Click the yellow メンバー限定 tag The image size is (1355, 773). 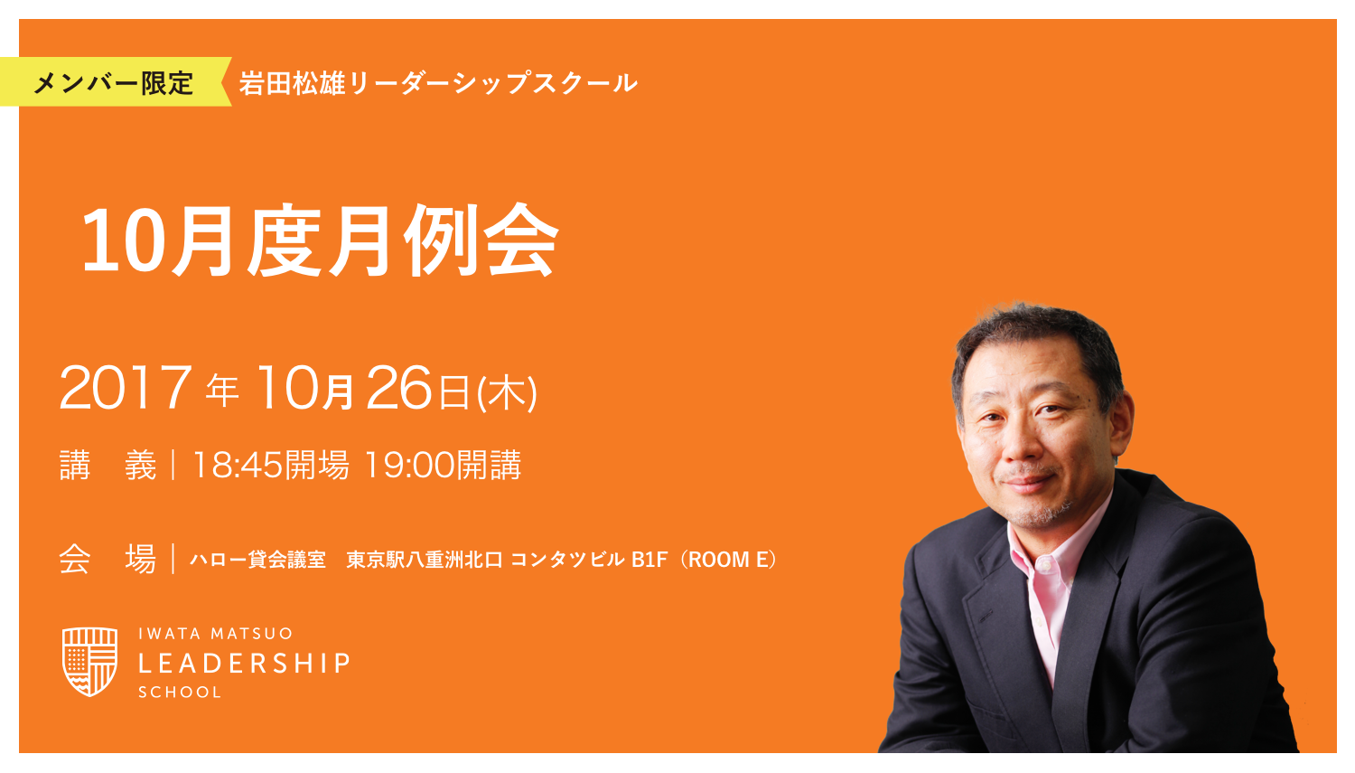pos(113,83)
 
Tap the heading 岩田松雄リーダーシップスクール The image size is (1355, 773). pos(438,83)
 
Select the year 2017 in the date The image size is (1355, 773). pos(125,389)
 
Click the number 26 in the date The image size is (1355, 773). pos(398,389)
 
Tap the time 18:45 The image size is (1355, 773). pos(238,466)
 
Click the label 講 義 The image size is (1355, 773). pos(107,466)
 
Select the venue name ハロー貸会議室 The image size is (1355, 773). pos(257,560)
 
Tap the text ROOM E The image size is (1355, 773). pos(732,560)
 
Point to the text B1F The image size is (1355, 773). pos(649,560)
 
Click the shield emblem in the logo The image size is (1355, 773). pos(89,661)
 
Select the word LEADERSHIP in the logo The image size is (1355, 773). pos(244,664)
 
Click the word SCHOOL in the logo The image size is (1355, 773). pos(180,693)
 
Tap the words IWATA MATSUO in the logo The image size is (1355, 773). pos(216,634)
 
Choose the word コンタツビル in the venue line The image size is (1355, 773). pos(567,560)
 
